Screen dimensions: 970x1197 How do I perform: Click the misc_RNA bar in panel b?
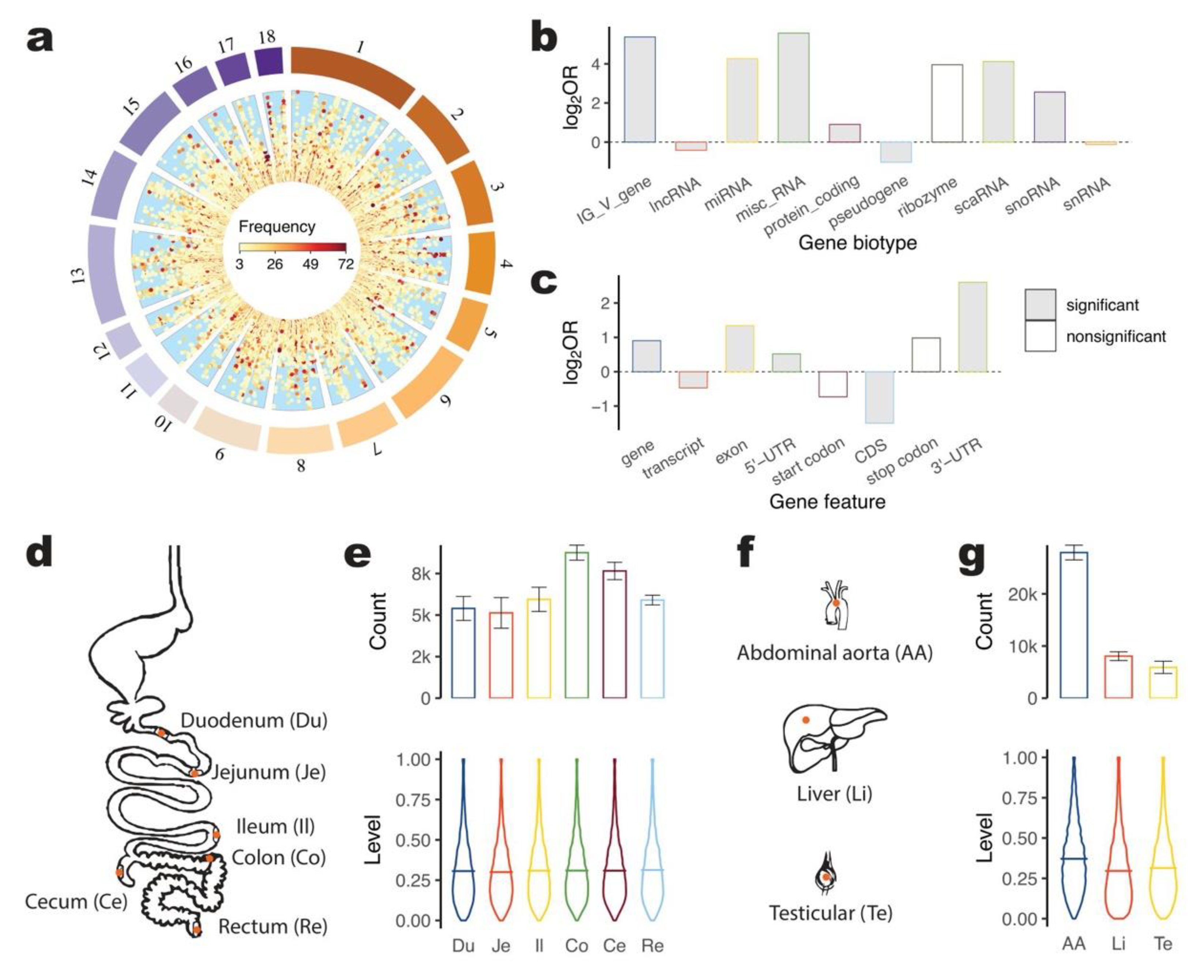click(793, 88)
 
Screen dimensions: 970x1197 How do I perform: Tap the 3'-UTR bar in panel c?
click(972, 327)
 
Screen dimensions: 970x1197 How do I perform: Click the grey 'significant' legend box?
click(1040, 305)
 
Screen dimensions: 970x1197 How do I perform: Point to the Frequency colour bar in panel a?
click(292, 248)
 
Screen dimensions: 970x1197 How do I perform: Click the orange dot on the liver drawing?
click(805, 720)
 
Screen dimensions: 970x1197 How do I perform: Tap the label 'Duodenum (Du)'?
click(254, 721)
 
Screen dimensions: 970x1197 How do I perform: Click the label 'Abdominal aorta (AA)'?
click(834, 653)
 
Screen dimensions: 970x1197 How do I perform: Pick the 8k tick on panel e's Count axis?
click(420, 574)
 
